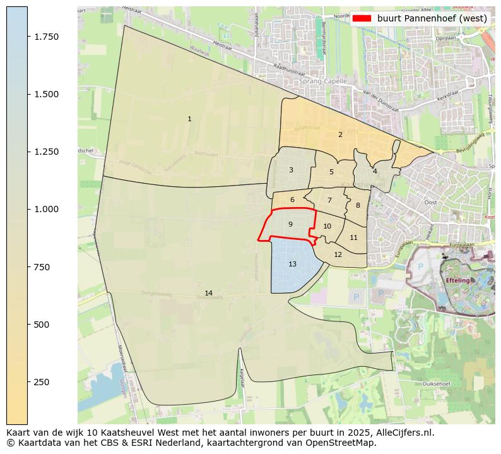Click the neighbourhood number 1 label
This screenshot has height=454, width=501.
(x=189, y=119)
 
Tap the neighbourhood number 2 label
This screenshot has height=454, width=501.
(x=340, y=134)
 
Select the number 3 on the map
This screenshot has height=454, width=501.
(x=291, y=170)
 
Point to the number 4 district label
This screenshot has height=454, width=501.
(x=375, y=171)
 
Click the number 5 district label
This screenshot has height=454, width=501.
(x=331, y=172)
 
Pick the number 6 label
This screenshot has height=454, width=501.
(x=292, y=200)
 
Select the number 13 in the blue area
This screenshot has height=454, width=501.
(x=292, y=264)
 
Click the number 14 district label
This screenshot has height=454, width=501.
(x=208, y=293)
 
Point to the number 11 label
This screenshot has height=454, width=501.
(x=353, y=238)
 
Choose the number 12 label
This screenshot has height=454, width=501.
(x=338, y=254)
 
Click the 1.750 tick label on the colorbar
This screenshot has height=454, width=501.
(x=47, y=37)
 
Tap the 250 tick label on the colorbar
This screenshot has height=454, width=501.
(x=42, y=382)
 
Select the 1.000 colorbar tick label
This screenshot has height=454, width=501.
(x=47, y=209)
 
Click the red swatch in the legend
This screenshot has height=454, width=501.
(x=362, y=18)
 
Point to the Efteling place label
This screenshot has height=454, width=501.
(x=458, y=280)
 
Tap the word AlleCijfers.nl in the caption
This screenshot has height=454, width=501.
(x=402, y=433)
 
